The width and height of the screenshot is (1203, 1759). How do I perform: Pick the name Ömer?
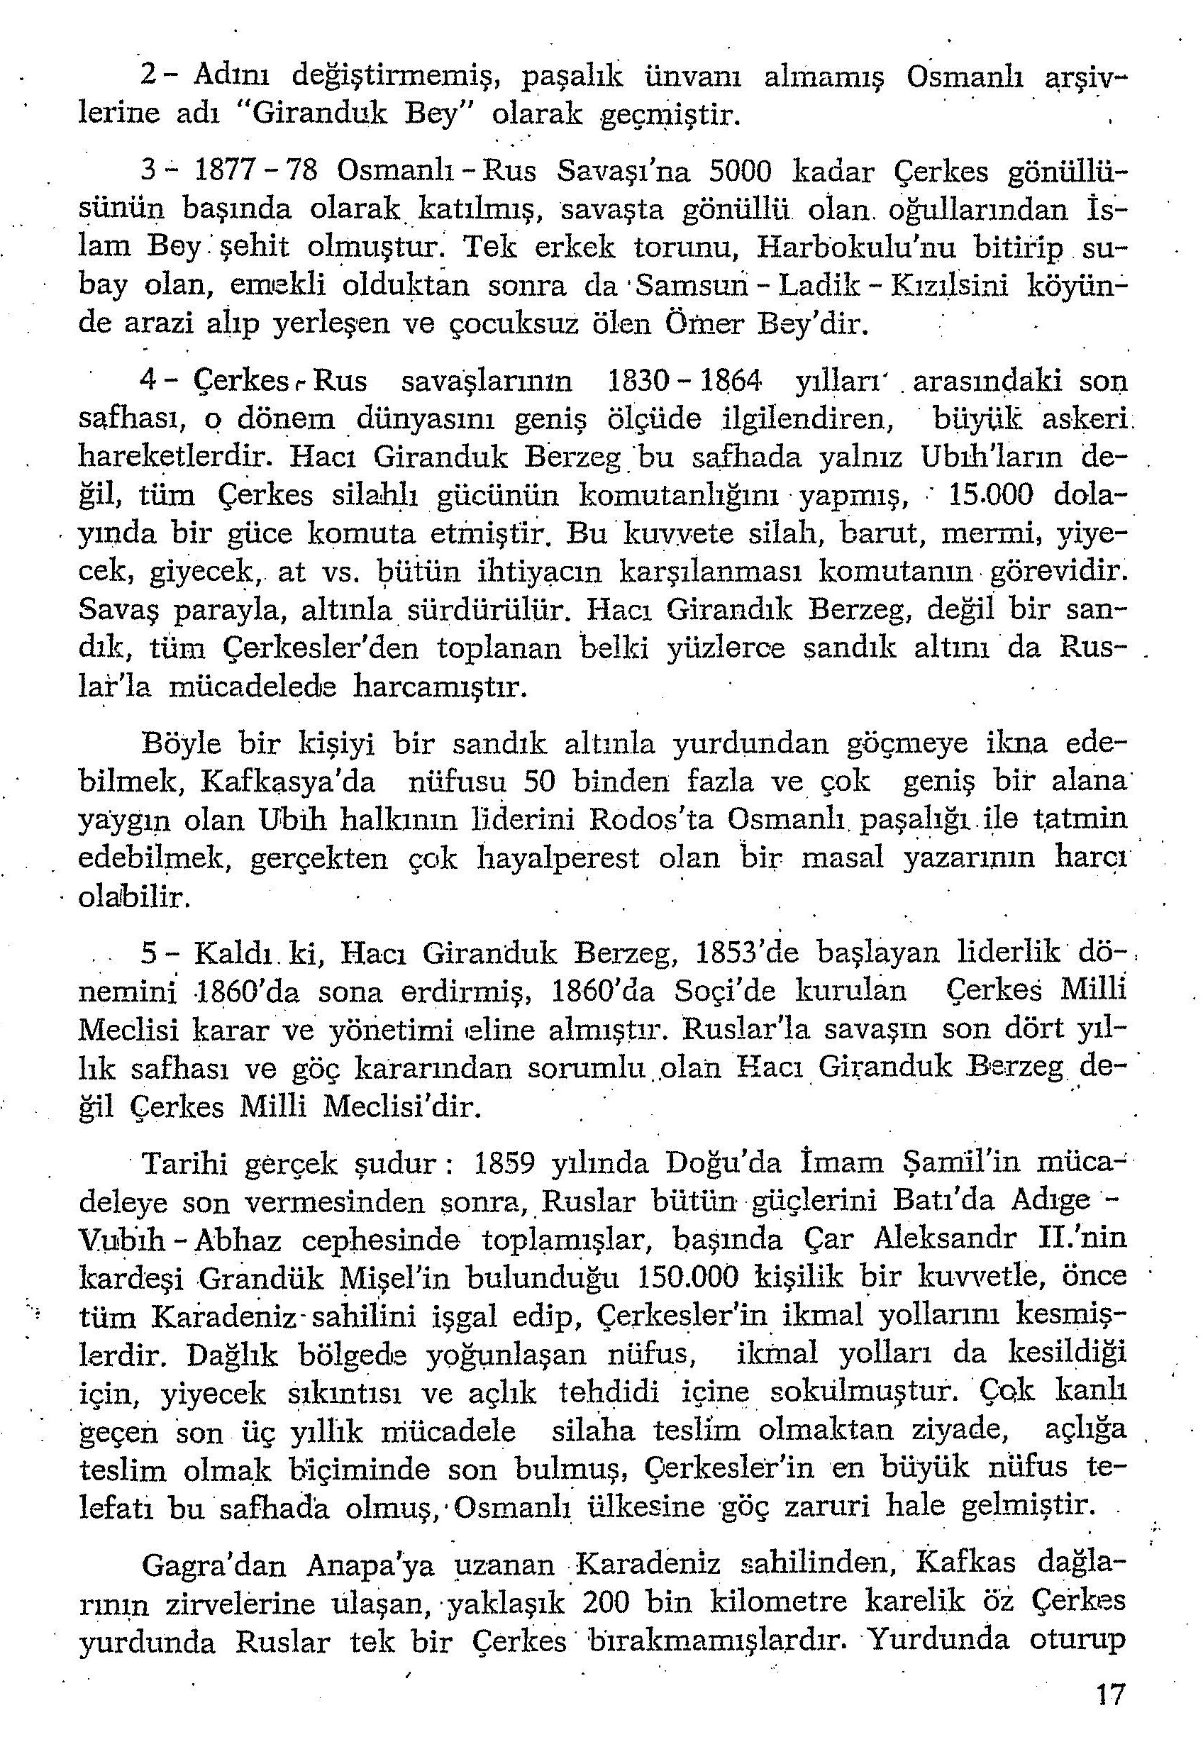pyautogui.click(x=709, y=325)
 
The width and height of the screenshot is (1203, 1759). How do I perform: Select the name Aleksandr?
pyautogui.click(x=943, y=1239)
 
